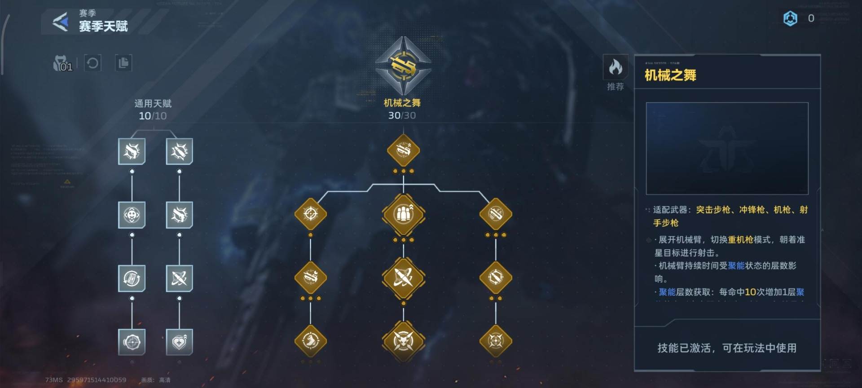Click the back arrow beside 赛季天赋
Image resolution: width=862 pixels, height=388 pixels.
coord(61,22)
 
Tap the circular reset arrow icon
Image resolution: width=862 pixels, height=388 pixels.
coord(92,63)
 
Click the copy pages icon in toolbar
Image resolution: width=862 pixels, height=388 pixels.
coord(123,63)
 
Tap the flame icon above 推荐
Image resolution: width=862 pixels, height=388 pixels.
coord(615,68)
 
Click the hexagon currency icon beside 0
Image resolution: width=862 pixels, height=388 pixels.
coord(790,18)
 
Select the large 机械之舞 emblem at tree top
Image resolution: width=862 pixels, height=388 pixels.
coord(403,66)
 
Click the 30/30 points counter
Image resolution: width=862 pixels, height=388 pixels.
coord(402,115)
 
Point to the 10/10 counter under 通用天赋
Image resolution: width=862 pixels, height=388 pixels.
coord(153,116)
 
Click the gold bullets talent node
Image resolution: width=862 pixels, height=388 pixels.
coord(403,214)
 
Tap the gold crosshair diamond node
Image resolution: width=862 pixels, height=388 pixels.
coord(310,214)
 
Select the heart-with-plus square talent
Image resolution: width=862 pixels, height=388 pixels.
coord(179,342)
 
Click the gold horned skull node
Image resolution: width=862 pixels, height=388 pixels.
coord(403,341)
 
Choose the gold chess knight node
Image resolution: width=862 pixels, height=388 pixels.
coord(310,341)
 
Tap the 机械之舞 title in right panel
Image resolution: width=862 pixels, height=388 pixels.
coord(670,75)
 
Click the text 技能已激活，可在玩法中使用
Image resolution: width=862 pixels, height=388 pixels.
coord(727,348)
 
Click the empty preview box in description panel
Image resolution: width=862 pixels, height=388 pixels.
coord(727,148)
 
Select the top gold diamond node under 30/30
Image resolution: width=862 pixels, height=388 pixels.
coord(403,150)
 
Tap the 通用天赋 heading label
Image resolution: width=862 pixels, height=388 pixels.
coord(153,104)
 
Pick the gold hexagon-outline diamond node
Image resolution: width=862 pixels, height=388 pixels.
coord(496,278)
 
